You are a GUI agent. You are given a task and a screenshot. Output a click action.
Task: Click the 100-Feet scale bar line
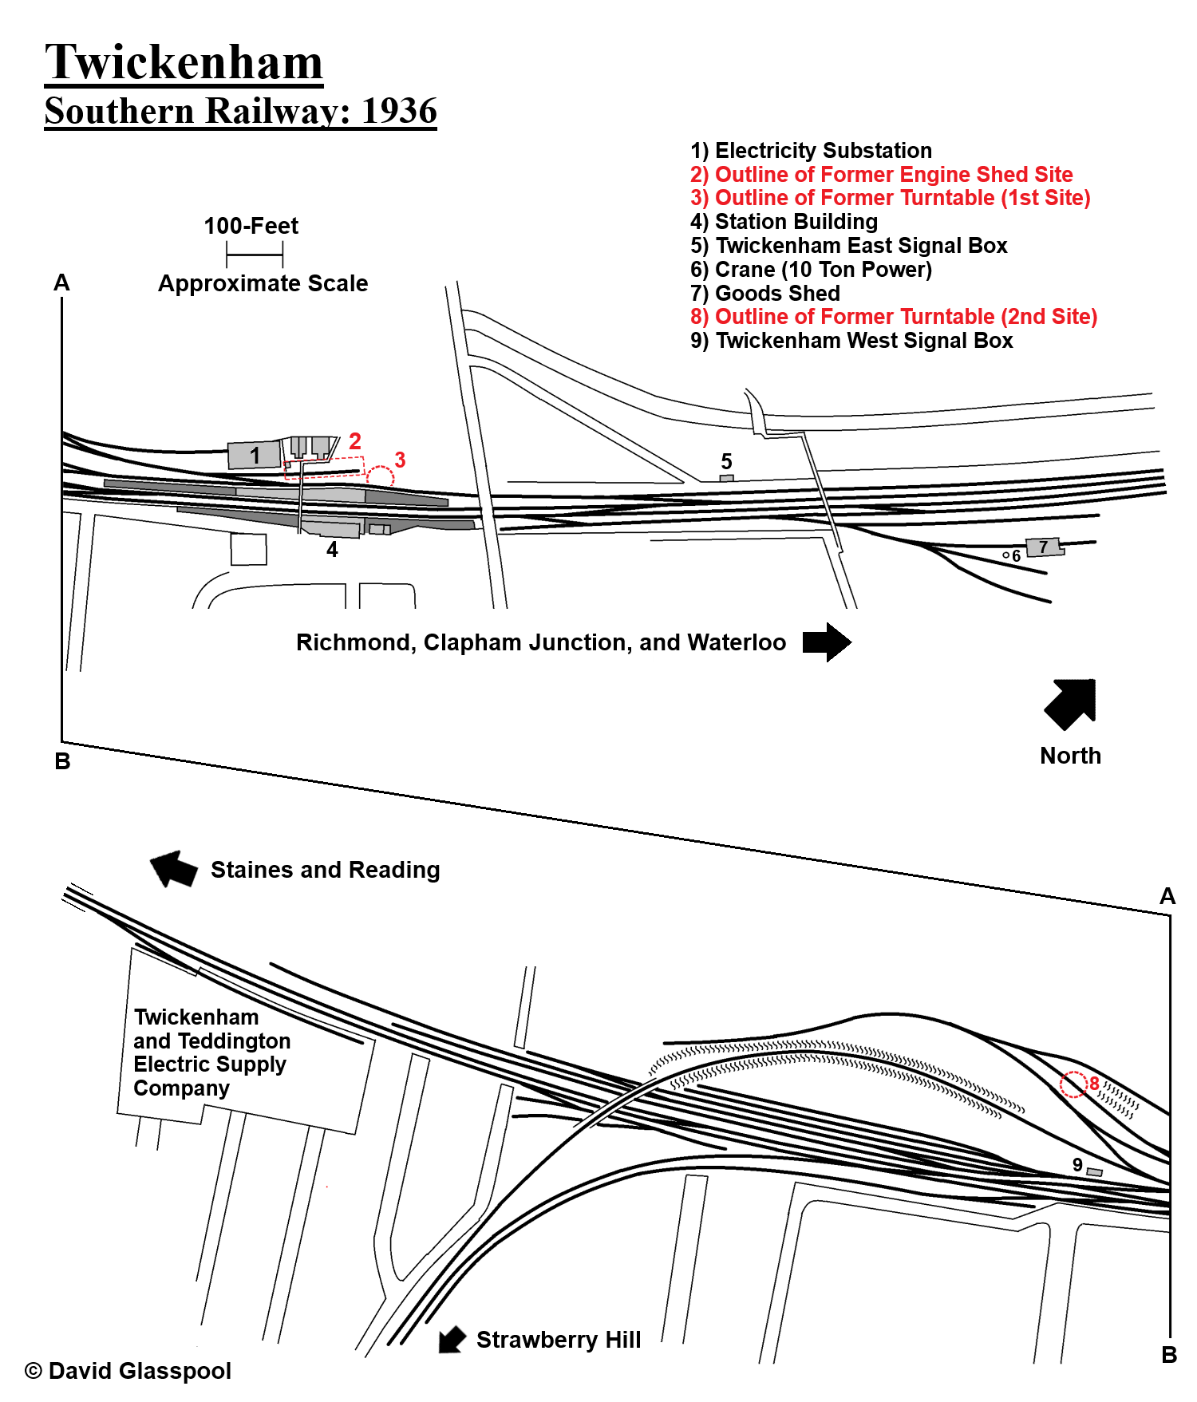(255, 255)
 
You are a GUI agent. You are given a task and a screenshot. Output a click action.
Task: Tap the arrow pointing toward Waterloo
(827, 642)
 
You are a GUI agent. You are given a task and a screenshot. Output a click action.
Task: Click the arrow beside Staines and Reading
(173, 868)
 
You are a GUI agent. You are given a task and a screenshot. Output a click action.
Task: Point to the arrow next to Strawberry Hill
(452, 1339)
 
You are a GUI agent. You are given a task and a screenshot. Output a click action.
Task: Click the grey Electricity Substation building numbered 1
(254, 455)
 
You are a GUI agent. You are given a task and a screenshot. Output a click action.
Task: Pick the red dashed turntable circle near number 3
(380, 477)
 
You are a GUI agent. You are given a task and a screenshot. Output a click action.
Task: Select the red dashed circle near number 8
(1073, 1084)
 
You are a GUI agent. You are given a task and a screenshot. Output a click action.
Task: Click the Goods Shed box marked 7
(1044, 547)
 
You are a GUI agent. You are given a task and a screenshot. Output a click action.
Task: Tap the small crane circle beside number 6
(1005, 555)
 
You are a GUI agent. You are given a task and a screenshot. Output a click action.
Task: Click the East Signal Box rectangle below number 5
(726, 478)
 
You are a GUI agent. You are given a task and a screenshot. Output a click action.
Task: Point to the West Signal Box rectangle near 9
(1095, 1171)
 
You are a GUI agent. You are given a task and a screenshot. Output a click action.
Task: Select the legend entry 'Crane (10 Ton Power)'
(811, 269)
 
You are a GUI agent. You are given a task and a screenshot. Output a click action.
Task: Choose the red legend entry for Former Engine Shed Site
(881, 174)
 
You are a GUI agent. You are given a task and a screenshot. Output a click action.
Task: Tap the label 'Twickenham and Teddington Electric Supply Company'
(211, 1052)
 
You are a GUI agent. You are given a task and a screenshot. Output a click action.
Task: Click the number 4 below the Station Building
(332, 549)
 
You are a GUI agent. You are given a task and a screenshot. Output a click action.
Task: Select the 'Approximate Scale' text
(263, 283)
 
